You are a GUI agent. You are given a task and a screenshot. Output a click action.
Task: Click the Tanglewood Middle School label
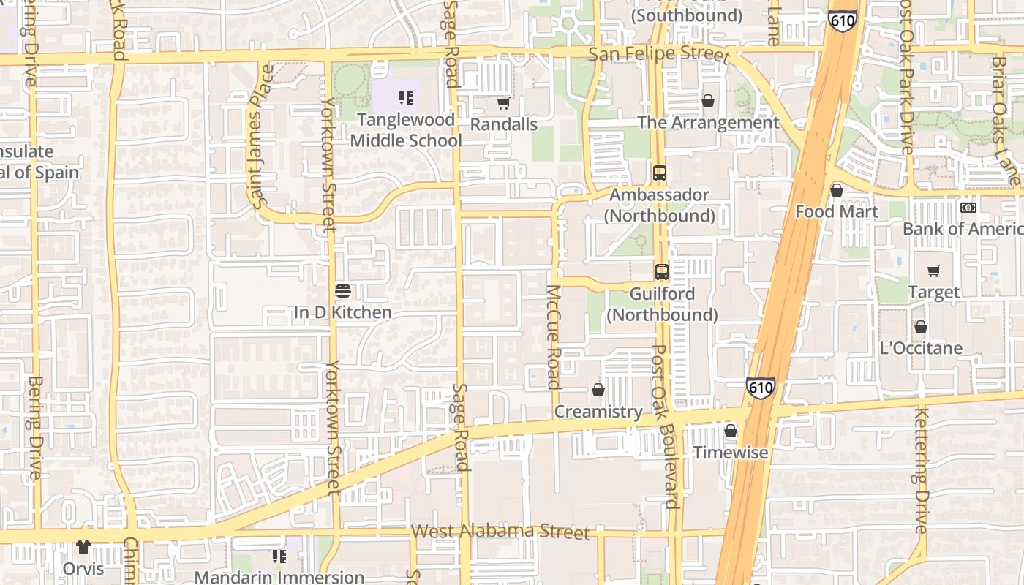(x=406, y=129)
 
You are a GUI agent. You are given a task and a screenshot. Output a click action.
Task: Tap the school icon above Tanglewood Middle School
(x=406, y=98)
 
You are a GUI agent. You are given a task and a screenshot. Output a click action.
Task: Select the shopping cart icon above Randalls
(x=503, y=104)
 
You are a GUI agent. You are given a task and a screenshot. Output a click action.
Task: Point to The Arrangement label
(x=708, y=122)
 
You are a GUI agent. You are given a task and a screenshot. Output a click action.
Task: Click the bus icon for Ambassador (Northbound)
(x=659, y=173)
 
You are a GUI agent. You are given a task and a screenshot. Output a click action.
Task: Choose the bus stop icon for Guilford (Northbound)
(x=661, y=271)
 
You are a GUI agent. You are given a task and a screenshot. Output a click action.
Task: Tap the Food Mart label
(x=835, y=211)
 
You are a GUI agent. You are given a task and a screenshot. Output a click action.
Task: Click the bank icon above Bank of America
(x=968, y=208)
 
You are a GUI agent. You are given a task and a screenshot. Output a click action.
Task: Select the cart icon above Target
(x=933, y=271)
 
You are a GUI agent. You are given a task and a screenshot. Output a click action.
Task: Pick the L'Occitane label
(x=921, y=347)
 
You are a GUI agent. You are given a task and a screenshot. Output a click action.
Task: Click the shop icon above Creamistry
(x=598, y=390)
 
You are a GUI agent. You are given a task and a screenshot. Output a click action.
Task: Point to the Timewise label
(x=730, y=452)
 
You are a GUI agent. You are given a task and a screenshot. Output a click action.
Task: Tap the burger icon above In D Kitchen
(x=342, y=291)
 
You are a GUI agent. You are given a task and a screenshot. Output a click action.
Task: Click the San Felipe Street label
(x=659, y=55)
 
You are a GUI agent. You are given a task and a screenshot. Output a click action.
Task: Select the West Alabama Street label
(x=500, y=531)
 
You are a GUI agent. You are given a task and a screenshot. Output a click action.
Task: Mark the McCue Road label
(x=553, y=336)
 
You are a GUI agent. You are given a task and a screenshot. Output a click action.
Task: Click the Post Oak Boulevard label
(x=665, y=426)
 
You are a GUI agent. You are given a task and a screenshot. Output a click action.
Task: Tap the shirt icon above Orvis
(x=83, y=547)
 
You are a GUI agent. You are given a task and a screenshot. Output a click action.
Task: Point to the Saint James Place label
(x=260, y=137)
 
